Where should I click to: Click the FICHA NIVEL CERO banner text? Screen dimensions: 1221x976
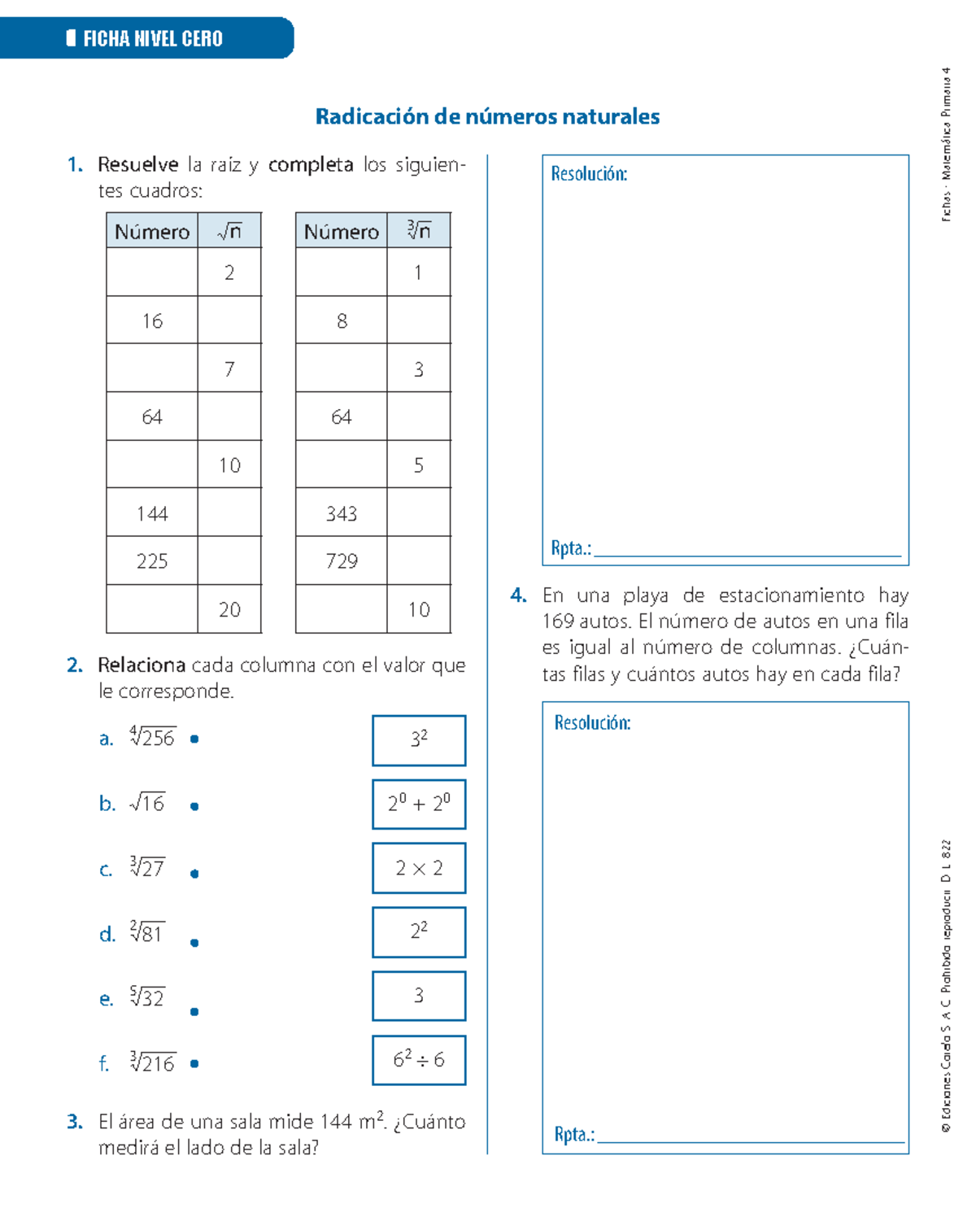[x=152, y=38]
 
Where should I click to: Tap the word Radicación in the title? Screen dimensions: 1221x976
[x=373, y=117]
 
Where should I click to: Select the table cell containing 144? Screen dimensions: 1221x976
[x=152, y=513]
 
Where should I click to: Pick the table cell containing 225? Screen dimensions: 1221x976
[x=152, y=561]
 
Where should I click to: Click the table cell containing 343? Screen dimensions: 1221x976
[x=342, y=513]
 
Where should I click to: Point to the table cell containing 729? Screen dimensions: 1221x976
[x=342, y=561]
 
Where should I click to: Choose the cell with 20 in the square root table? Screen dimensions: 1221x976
[x=229, y=609]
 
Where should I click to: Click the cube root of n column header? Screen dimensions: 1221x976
[x=419, y=231]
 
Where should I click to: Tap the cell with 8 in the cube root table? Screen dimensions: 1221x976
[x=342, y=321]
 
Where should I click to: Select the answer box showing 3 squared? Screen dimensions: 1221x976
[x=419, y=740]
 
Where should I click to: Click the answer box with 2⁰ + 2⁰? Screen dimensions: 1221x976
[x=419, y=805]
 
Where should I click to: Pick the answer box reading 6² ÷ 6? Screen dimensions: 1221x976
[x=419, y=1060]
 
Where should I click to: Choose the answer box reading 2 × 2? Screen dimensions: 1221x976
[x=419, y=869]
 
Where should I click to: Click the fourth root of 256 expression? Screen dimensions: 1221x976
[x=152, y=737]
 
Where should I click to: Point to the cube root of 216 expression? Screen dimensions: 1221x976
[x=152, y=1062]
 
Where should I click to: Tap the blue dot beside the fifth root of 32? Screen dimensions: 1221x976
[x=194, y=1012]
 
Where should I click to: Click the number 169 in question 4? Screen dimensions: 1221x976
[x=558, y=621]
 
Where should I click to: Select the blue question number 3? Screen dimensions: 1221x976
[x=75, y=1122]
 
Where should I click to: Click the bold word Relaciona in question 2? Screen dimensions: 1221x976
[x=142, y=665]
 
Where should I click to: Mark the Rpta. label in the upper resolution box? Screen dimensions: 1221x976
[x=570, y=548]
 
